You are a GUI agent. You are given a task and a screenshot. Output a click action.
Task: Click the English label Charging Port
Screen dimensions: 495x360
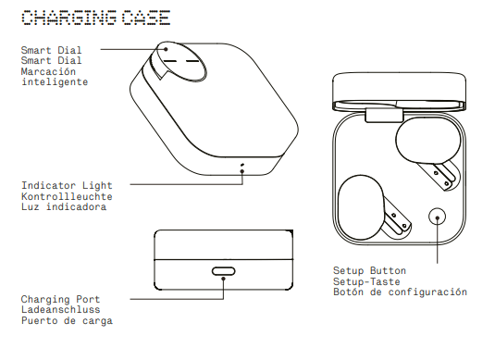[x=63, y=300]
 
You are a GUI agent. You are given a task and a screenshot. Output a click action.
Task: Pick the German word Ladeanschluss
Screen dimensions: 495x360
[x=63, y=310]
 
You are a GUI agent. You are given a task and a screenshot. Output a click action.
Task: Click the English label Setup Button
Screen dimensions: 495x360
[x=370, y=271]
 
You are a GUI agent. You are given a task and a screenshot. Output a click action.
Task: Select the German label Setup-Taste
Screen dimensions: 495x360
[x=366, y=281]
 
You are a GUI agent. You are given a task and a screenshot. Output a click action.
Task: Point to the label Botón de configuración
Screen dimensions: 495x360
[x=400, y=292]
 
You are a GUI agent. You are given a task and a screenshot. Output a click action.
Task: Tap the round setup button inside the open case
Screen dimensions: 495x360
[x=438, y=217]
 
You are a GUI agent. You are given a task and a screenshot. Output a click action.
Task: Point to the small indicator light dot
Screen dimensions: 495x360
[x=242, y=168]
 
